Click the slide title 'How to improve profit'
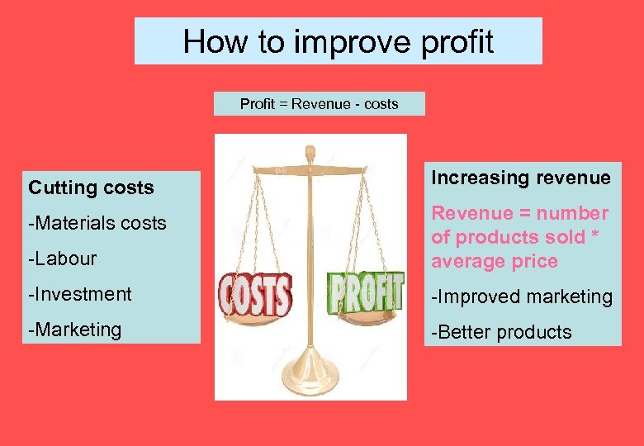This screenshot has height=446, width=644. click(x=339, y=41)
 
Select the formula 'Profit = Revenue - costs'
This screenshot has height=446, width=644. click(x=319, y=104)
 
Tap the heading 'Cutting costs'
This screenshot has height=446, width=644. click(x=91, y=187)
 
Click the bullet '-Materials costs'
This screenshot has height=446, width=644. click(x=97, y=223)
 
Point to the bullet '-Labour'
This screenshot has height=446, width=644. click(x=63, y=259)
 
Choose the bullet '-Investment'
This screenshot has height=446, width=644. click(x=80, y=294)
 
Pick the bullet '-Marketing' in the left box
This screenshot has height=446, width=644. click(x=75, y=330)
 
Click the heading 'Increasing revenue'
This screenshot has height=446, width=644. click(x=521, y=178)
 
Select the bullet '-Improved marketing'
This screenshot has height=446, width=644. click(x=522, y=297)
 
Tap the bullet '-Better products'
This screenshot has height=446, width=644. click(x=501, y=332)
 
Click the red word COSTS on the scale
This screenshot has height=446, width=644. click(x=255, y=294)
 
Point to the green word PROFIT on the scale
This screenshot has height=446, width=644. click(x=365, y=291)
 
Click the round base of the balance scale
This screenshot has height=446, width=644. click(x=310, y=380)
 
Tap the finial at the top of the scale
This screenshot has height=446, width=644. click(x=310, y=153)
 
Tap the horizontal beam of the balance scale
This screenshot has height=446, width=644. click(x=310, y=169)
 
